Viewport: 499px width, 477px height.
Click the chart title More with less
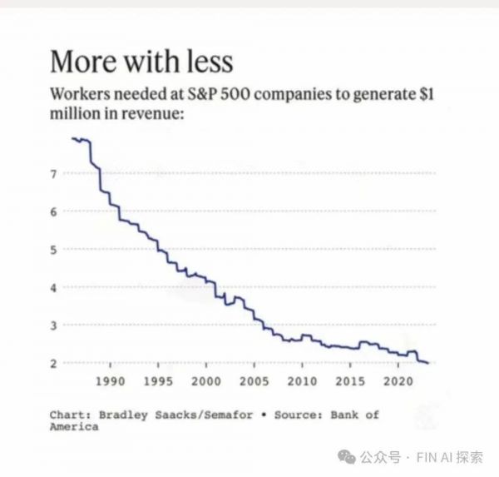[141, 62]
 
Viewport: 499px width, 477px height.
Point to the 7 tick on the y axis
[53, 174]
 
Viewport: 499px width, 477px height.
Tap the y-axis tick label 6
[53, 211]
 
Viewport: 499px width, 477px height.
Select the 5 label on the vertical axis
[53, 249]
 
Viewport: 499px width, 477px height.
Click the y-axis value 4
[53, 287]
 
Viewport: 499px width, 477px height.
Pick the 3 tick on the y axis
[53, 325]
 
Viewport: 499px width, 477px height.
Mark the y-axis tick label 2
[53, 363]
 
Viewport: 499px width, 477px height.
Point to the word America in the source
[74, 426]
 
